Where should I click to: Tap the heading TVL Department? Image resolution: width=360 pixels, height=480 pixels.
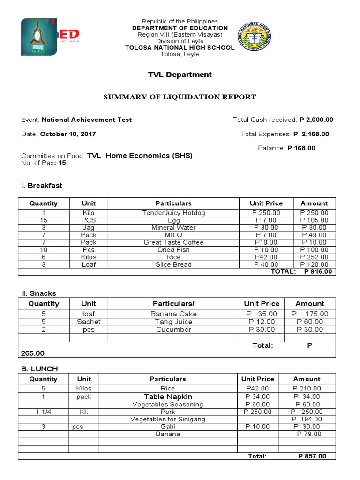point(180,75)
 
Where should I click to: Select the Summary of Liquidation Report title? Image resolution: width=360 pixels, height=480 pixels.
point(180,97)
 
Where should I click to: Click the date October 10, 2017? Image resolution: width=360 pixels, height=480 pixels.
point(68,134)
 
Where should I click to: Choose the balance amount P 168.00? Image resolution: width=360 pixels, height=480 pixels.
point(301,148)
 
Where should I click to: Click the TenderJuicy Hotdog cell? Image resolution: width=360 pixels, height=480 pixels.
point(173,213)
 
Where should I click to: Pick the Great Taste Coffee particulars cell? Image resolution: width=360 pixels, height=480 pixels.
point(173,242)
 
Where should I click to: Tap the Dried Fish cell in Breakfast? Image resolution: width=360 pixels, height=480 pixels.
point(173,250)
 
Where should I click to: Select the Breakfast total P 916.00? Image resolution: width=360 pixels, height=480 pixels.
point(318,271)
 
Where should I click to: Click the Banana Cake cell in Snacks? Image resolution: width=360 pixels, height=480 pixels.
point(173,314)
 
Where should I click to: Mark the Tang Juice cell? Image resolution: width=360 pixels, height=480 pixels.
point(173,322)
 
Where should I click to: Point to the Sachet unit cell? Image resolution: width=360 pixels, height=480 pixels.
point(89,322)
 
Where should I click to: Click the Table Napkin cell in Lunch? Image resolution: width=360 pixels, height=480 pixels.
point(168,397)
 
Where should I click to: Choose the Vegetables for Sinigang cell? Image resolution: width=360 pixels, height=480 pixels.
point(168,419)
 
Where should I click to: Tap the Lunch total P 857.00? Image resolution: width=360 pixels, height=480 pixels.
point(312,456)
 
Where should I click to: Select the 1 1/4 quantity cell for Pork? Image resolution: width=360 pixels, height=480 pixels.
point(44,412)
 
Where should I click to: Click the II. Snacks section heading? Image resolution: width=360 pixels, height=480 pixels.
point(38,293)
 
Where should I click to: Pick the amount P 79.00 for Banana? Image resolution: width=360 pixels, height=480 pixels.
point(309,434)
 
